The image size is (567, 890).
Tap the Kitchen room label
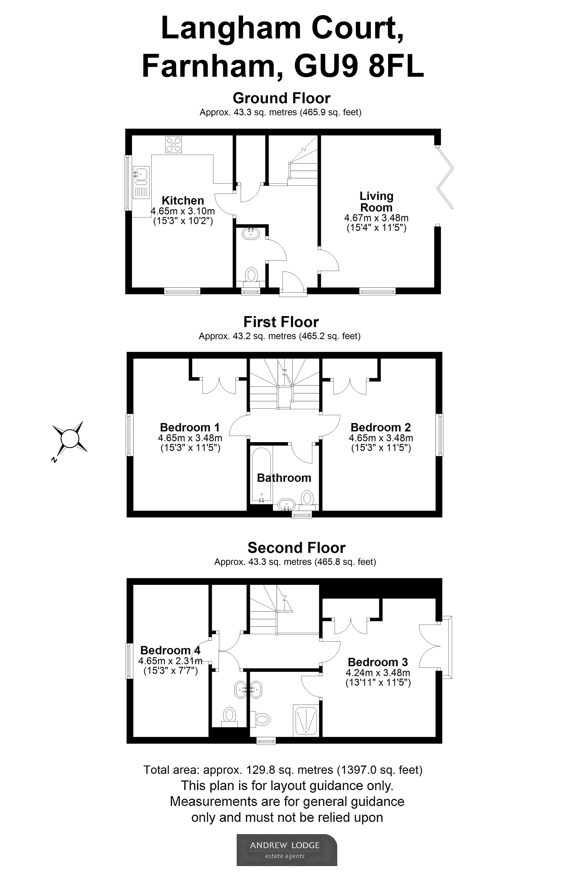[x=183, y=201]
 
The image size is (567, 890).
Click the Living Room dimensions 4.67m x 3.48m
[x=376, y=218]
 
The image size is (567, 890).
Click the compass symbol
[x=70, y=438]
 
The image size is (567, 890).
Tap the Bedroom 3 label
[x=378, y=662]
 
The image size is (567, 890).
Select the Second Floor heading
[x=296, y=548]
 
